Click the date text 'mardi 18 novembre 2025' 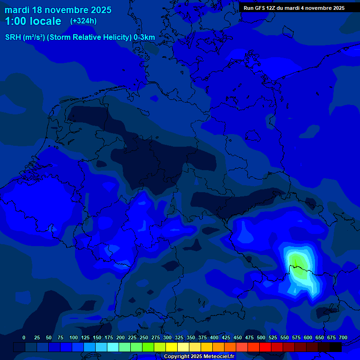coord(58,10)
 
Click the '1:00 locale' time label coord(33,21)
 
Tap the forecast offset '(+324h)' coord(83,21)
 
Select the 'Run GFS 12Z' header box coord(294,7)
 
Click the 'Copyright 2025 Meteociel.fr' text coord(199,357)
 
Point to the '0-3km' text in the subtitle coord(144,37)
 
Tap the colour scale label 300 coord(167,337)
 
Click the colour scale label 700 coord(343,337)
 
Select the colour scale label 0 coord(24,337)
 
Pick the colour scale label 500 coord(261,337)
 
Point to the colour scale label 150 coord(97,337)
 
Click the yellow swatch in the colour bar coord(172,347)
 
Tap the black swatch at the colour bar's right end coord(336,347)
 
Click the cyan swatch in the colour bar coord(113,347)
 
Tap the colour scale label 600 coord(308,337)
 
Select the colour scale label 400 coord(214,337)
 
